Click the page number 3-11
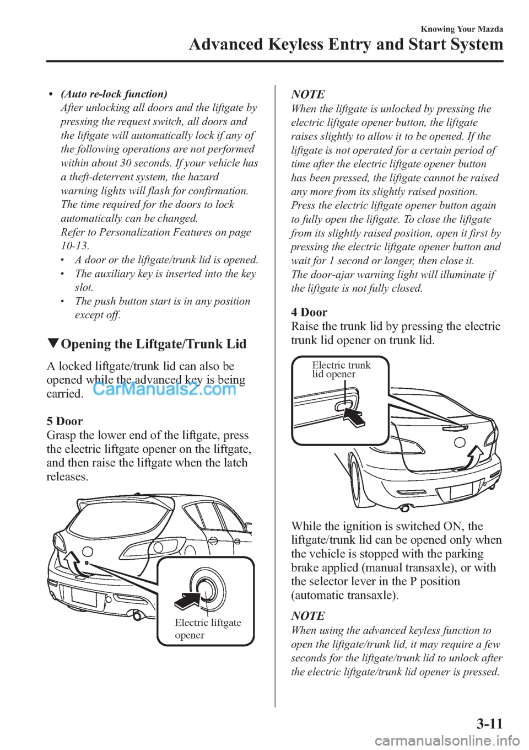pos(489,723)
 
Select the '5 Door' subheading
pos(65,421)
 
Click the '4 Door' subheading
pos(309,312)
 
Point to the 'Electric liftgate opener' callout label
pos(207,629)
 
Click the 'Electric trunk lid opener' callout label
pos(341,369)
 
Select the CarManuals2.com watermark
pos(164,389)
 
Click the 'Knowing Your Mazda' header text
pos(462,29)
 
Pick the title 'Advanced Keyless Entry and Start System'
pos(346,44)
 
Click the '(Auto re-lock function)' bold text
pos(114,94)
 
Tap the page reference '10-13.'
pos(75,246)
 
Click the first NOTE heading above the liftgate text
pos(308,94)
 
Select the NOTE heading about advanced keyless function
pos(308,616)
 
